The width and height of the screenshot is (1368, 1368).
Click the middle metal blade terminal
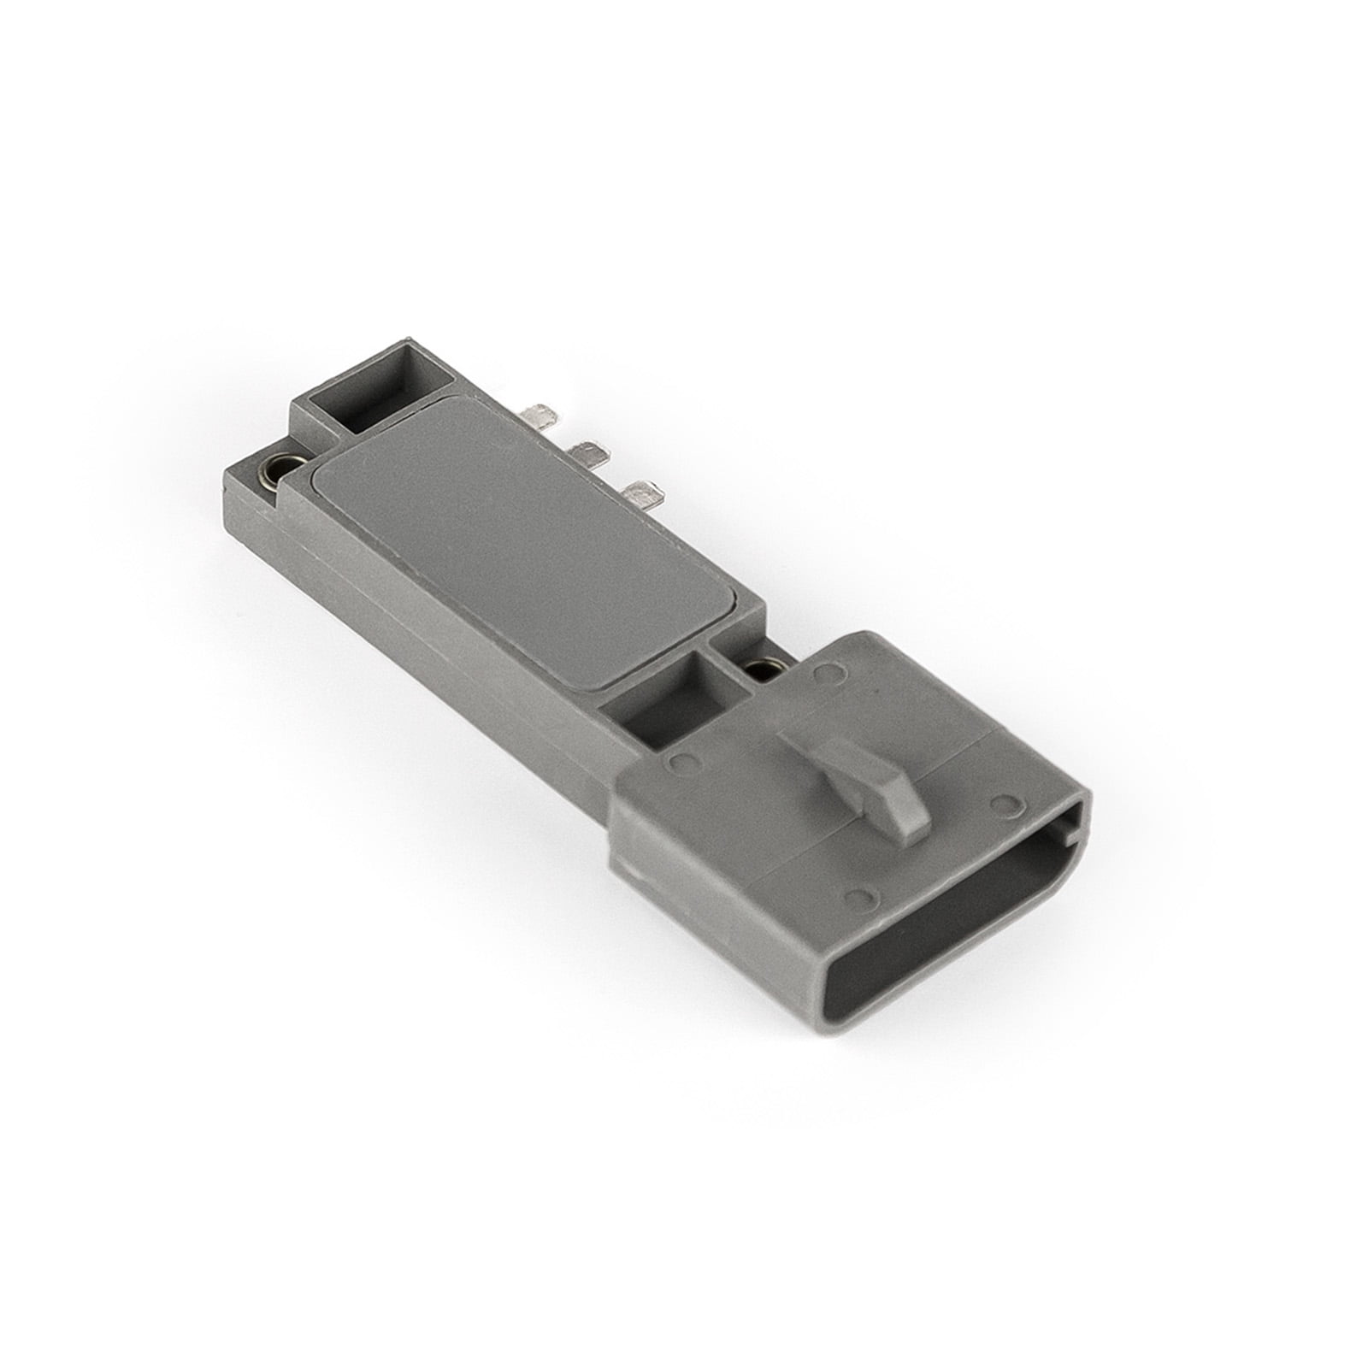pos(587,447)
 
